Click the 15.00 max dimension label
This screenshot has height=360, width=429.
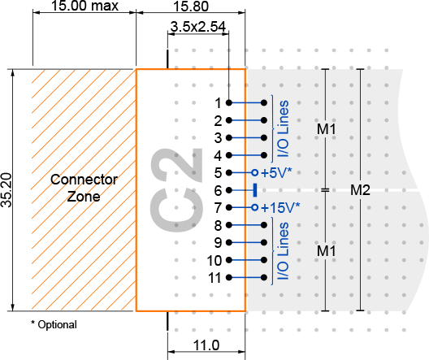84,6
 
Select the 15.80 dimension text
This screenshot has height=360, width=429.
191,6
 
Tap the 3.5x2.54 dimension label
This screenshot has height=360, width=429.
198,27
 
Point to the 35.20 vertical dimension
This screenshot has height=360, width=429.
6,190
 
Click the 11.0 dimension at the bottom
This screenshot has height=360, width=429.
206,345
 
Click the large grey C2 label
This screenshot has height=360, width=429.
176,190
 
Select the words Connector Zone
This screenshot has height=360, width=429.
84,188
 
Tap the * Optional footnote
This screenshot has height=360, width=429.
54,324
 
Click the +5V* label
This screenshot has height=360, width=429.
276,172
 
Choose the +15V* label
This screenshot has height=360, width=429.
280,207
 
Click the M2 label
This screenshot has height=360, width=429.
360,190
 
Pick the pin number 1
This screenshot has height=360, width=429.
218,103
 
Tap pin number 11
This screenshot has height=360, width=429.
214,278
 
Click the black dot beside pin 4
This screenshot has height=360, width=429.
229,155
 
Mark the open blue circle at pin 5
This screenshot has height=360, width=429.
255,172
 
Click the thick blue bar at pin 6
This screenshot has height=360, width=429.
255,190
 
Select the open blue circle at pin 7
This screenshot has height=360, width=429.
255,207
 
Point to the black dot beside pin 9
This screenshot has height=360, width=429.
229,242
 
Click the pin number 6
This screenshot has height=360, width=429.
218,190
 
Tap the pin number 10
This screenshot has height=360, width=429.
214,260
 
